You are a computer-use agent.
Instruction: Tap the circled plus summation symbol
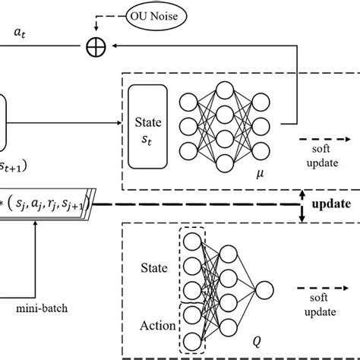point(93,47)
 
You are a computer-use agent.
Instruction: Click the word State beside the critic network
point(155,267)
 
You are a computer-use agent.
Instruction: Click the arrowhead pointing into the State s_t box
point(123,122)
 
